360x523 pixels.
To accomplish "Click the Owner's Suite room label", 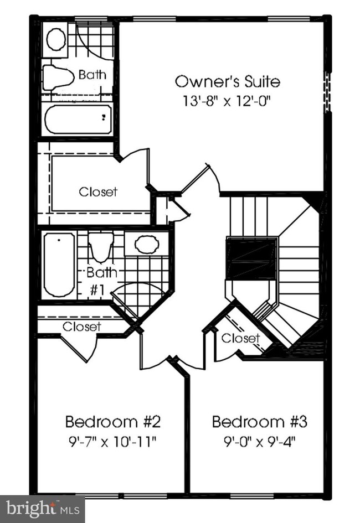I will [x=227, y=82].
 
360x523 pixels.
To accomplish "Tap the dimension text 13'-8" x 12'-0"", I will [x=227, y=102].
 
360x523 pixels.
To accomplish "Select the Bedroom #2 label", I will [x=113, y=422].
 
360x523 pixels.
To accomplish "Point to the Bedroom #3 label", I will [x=259, y=422].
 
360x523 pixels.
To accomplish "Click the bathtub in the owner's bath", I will [x=78, y=119].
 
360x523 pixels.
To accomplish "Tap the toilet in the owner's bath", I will [x=59, y=76].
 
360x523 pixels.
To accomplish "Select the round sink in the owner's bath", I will [x=56, y=39].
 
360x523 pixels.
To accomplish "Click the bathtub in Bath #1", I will [x=59, y=264].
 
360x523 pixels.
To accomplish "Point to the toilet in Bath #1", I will [x=101, y=247].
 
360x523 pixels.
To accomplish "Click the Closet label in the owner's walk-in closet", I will [x=98, y=192].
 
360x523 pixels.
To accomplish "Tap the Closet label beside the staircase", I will [x=240, y=338].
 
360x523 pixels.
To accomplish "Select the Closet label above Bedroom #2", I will [x=81, y=327].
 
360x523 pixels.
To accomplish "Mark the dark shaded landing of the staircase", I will [x=252, y=259].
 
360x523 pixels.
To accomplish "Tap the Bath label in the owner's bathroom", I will [x=92, y=75].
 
